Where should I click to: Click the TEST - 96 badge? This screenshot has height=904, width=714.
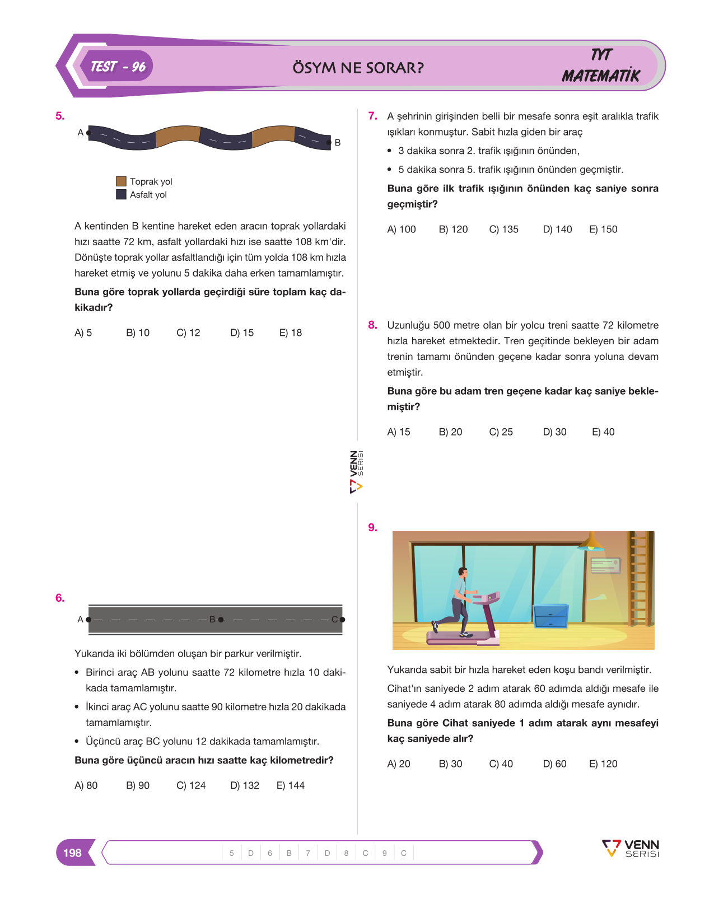[116, 67]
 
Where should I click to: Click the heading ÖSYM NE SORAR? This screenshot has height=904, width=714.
[358, 68]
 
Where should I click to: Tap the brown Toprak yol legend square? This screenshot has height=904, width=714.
[121, 181]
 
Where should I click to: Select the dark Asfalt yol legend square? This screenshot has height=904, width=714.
[121, 194]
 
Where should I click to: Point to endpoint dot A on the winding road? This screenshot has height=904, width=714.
[88, 133]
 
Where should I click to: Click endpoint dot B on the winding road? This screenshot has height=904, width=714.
[329, 142]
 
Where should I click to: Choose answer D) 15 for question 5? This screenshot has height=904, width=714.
[242, 332]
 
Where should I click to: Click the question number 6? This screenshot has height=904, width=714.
[60, 597]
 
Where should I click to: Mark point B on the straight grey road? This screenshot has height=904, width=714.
[221, 619]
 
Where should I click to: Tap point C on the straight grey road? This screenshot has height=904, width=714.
[343, 619]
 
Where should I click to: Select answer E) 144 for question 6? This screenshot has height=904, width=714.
[291, 785]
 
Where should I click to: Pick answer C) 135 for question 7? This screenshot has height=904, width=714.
[503, 229]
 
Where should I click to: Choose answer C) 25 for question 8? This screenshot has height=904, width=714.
[501, 432]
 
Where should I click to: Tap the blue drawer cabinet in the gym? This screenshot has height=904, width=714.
[550, 615]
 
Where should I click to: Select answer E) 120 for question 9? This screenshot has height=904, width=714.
[604, 764]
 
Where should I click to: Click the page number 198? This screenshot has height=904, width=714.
[72, 853]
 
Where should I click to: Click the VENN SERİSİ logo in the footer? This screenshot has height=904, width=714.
[631, 848]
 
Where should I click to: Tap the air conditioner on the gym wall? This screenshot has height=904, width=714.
[605, 565]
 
